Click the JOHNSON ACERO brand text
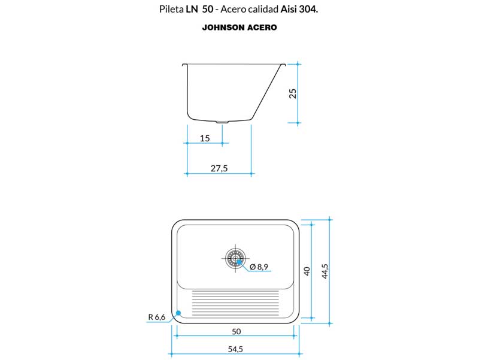239,28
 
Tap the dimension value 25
293,93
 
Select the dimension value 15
205,138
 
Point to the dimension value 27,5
219,168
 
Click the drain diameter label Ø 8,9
259,267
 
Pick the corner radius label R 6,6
157,317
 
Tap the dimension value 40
307,271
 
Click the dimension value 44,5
325,271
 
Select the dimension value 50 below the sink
236,332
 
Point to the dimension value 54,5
235,349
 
